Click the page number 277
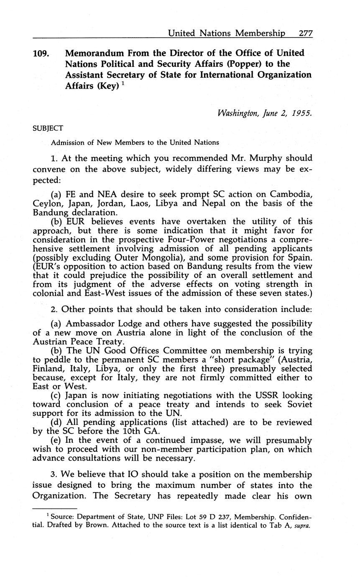point(306,33)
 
